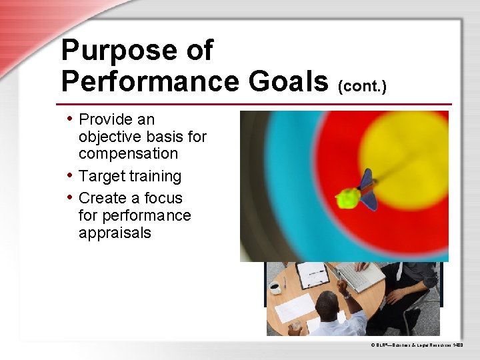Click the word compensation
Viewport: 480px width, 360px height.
(128, 153)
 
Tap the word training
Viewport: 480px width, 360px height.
(155, 176)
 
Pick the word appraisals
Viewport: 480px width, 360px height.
(115, 233)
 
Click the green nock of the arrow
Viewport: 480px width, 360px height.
(347, 198)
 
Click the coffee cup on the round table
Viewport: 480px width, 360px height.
(275, 288)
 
